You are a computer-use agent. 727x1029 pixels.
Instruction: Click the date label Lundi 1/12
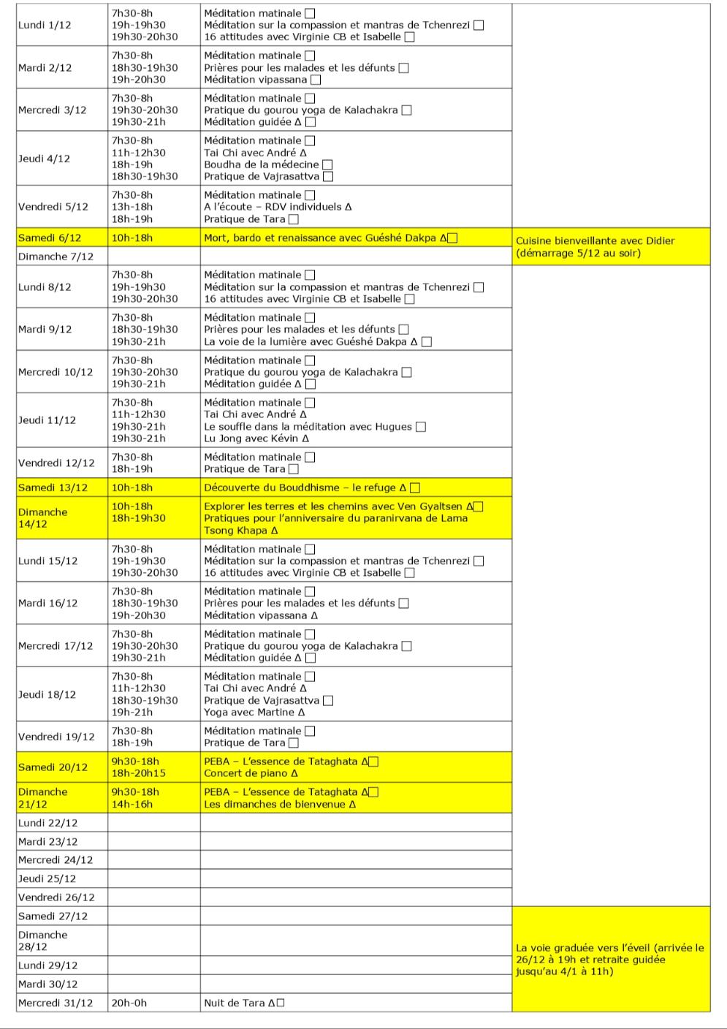[x=45, y=25]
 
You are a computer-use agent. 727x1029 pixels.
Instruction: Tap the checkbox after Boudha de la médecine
[x=327, y=164]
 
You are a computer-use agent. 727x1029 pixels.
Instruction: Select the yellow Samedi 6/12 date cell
[x=50, y=238]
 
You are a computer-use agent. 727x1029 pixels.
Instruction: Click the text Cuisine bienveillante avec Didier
[x=595, y=240]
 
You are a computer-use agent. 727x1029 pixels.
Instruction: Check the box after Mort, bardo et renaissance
[x=452, y=238]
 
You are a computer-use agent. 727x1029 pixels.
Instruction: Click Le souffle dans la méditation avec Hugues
[x=308, y=427]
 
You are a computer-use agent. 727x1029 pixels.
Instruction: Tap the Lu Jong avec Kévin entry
[x=256, y=438]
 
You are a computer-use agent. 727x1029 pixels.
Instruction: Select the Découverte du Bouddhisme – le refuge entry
[x=305, y=487]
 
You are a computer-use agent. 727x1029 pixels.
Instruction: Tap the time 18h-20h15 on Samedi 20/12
[x=138, y=773]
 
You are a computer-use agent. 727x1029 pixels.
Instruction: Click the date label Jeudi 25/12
[x=47, y=878]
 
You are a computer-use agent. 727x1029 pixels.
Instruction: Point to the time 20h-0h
[x=129, y=1003]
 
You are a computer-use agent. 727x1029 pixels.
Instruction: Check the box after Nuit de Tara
[x=281, y=1003]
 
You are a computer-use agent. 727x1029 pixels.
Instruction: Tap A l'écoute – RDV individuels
[x=278, y=207]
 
